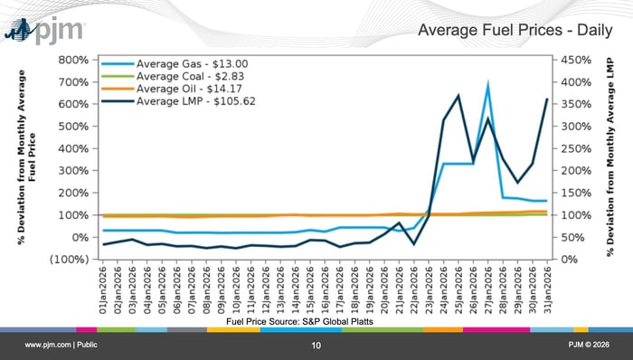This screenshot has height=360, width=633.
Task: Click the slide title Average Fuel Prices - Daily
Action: [512, 33]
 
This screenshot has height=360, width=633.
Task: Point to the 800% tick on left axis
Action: [72, 60]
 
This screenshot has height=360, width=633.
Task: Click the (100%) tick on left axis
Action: [69, 260]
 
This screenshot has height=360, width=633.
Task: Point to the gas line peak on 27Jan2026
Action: [487, 84]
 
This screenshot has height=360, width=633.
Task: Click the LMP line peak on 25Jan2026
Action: [458, 96]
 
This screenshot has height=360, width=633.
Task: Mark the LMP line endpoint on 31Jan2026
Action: [546, 99]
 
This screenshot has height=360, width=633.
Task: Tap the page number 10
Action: [316, 346]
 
